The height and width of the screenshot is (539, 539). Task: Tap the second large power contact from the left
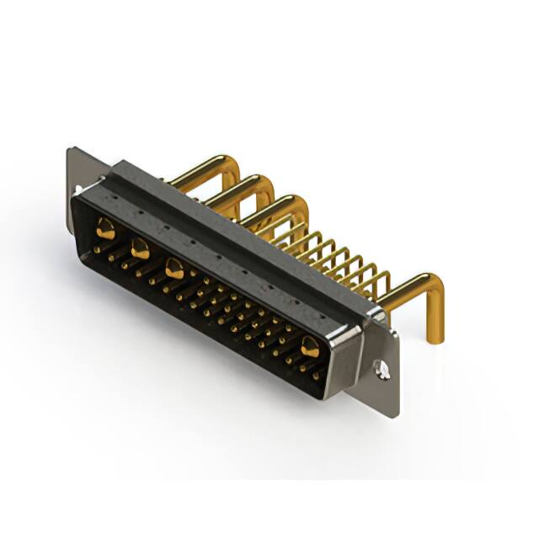coord(140,248)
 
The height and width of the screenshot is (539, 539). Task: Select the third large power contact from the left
coord(174,269)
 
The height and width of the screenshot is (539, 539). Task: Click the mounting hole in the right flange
coord(382,368)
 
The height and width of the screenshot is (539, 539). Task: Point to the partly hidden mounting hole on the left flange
coord(78,190)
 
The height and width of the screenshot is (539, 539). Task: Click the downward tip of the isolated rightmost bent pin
coord(436,338)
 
